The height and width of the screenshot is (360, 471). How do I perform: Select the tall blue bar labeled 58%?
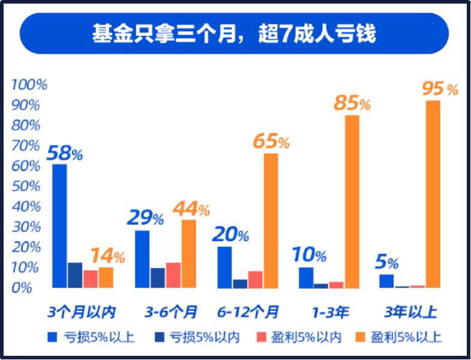point(59,225)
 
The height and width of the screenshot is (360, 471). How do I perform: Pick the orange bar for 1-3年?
point(352,201)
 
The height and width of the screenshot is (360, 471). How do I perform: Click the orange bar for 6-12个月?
point(271,220)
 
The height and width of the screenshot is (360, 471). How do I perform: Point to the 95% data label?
point(440,89)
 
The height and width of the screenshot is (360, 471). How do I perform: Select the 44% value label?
point(191,209)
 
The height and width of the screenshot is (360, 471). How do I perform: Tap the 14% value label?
point(107,257)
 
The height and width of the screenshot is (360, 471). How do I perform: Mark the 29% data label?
point(144,218)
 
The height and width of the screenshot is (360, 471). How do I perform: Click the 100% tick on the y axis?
point(28,84)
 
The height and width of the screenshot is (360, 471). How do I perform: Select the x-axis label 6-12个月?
point(248,312)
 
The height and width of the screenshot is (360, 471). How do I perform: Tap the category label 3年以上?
point(410,312)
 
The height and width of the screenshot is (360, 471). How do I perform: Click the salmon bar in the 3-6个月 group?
point(173,274)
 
